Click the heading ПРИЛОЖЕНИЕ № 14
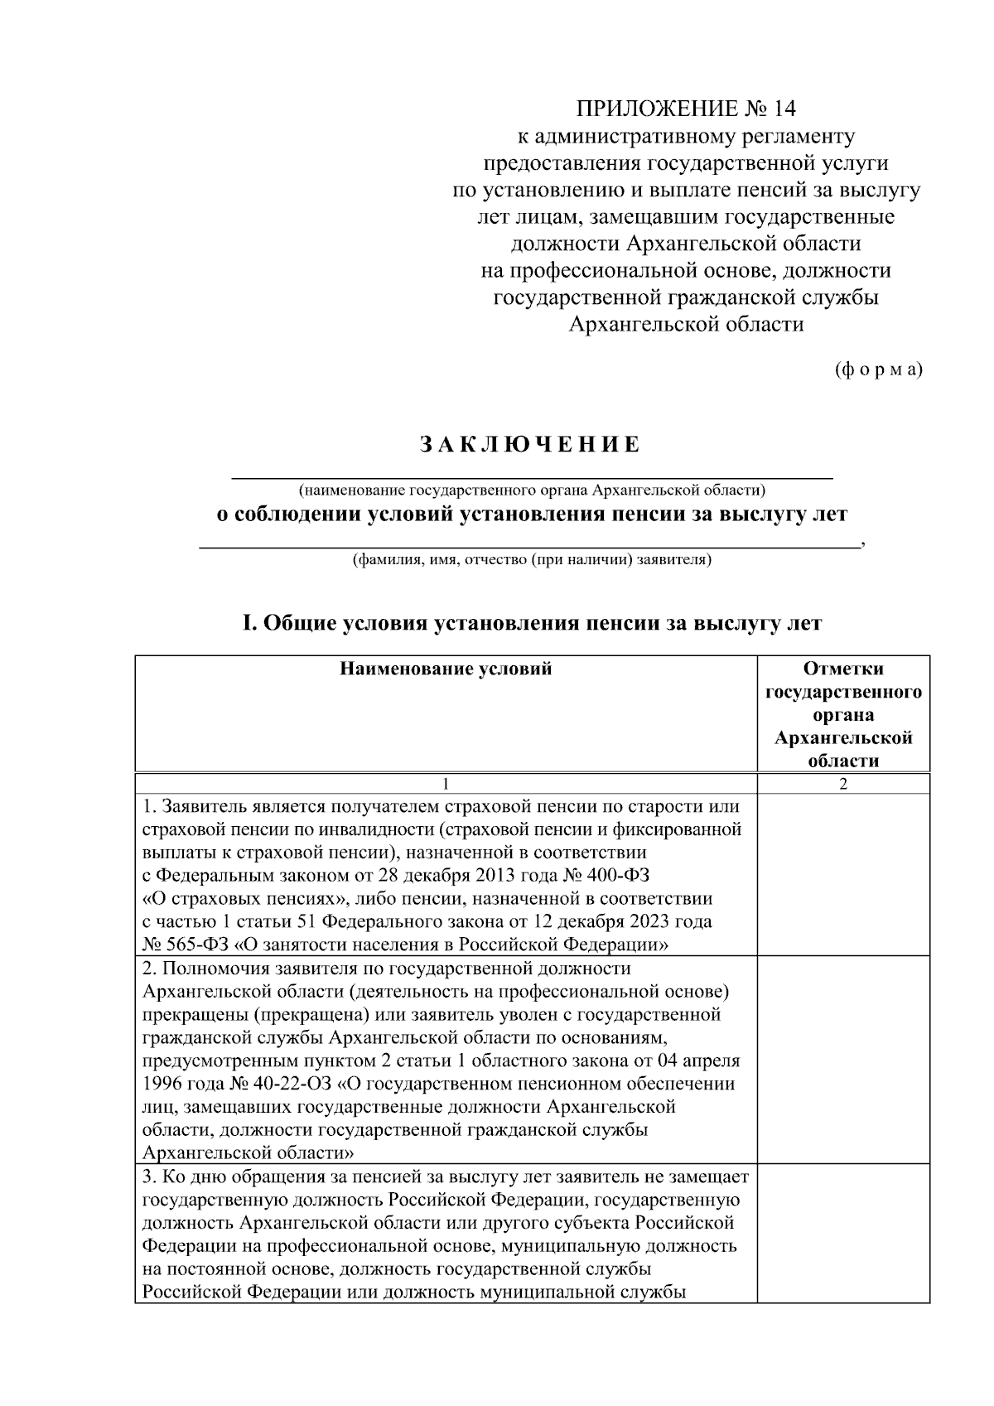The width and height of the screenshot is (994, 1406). tap(686, 109)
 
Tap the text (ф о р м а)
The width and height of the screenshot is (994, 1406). tap(877, 370)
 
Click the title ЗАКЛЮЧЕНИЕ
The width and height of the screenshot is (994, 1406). tap(531, 445)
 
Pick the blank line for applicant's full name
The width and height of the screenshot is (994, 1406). tap(530, 545)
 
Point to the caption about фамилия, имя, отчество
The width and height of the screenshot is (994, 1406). tap(531, 560)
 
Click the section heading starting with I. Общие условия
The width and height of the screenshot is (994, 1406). tap(531, 623)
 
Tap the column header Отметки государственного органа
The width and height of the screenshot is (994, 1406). tap(843, 714)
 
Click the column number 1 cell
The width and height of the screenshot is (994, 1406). tap(446, 785)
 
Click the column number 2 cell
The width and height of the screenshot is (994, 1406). tap(843, 785)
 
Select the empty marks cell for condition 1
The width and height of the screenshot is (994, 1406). tap(843, 875)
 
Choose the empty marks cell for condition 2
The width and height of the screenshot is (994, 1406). tap(843, 1060)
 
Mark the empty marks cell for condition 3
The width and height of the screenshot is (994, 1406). tap(843, 1234)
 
